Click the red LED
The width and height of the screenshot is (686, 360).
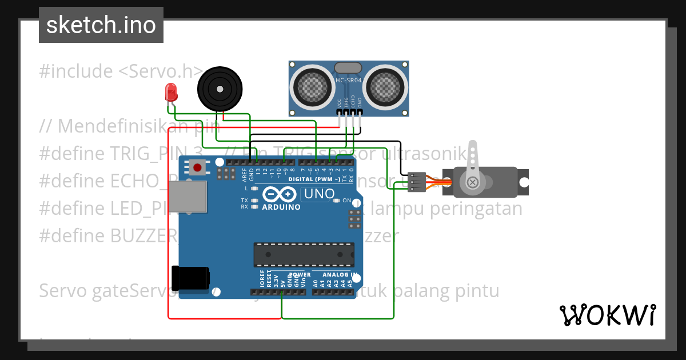(170, 92)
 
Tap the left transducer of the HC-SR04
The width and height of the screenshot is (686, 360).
(313, 87)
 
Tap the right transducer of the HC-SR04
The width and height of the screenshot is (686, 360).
(386, 87)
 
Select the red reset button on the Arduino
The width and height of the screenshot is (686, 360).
(198, 167)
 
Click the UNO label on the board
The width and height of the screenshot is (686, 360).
(318, 194)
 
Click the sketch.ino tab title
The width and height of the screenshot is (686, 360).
(101, 25)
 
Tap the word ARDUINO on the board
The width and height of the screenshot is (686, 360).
(281, 207)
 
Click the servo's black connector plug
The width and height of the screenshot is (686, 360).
(417, 181)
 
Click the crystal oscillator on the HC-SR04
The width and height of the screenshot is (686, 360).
(348, 68)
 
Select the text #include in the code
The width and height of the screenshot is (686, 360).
(76, 71)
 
